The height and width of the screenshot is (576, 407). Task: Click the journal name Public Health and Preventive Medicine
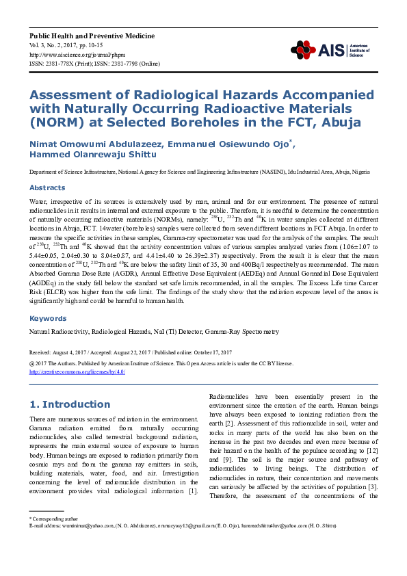click(x=92, y=36)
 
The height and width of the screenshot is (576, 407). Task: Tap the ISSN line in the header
click(x=94, y=63)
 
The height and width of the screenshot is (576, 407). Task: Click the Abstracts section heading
click(x=47, y=187)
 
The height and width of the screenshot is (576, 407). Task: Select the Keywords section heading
click(x=48, y=318)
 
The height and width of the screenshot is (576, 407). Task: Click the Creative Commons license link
click(x=77, y=372)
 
